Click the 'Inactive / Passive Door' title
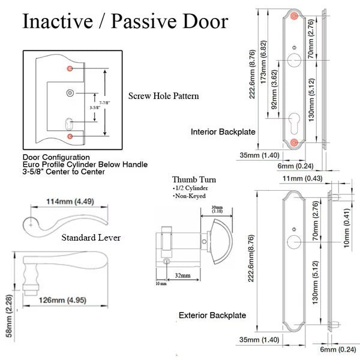[125, 22]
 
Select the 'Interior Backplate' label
[223, 131]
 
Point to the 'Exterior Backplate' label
[212, 315]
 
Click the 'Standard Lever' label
[91, 238]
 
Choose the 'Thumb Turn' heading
[194, 179]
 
